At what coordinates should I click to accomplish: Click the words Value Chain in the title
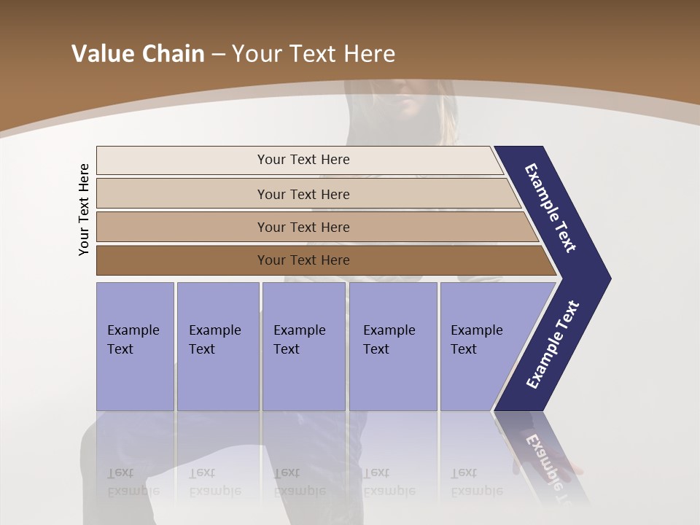point(138,54)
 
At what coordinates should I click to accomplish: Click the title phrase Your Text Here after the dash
point(314,54)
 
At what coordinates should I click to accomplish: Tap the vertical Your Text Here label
point(85,210)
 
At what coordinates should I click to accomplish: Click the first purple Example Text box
point(135,346)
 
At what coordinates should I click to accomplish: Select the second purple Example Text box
point(217,346)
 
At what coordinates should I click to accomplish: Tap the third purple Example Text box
point(303,346)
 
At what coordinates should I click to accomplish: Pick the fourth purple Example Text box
point(392,346)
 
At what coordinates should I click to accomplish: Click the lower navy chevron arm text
point(552,344)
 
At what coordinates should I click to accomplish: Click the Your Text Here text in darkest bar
point(303,260)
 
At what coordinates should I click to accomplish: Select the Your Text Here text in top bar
point(303,160)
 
